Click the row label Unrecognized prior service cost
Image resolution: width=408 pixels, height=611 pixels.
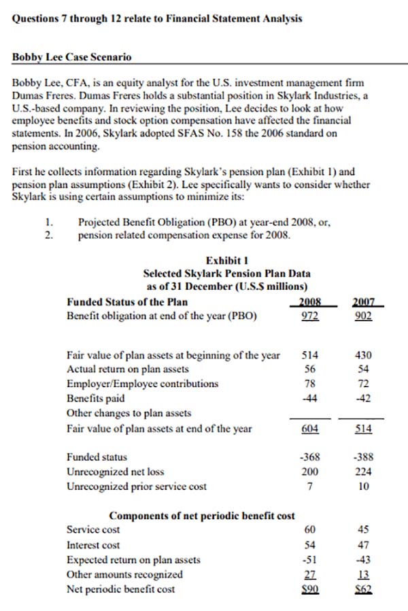tap(137, 486)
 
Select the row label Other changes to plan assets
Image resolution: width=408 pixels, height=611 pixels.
tap(129, 413)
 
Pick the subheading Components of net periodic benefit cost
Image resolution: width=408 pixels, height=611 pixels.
tap(202, 515)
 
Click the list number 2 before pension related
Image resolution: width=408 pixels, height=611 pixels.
tap(48, 235)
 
